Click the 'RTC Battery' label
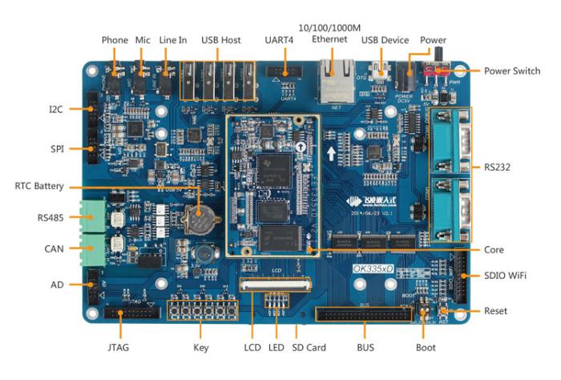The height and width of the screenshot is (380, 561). coord(39,185)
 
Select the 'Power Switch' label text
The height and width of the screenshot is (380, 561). coord(512,71)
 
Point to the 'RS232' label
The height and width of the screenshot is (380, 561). coord(498,168)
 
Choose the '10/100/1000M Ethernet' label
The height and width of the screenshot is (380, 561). coord(330,34)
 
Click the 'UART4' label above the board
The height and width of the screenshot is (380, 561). coord(279,40)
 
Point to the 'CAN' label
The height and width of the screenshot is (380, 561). coord(54,249)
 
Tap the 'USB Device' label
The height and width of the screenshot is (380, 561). coord(385,40)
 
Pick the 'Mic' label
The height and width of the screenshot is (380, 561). coord(143,40)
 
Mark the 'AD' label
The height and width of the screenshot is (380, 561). coord(58,284)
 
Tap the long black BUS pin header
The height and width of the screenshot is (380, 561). coord(365,313)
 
